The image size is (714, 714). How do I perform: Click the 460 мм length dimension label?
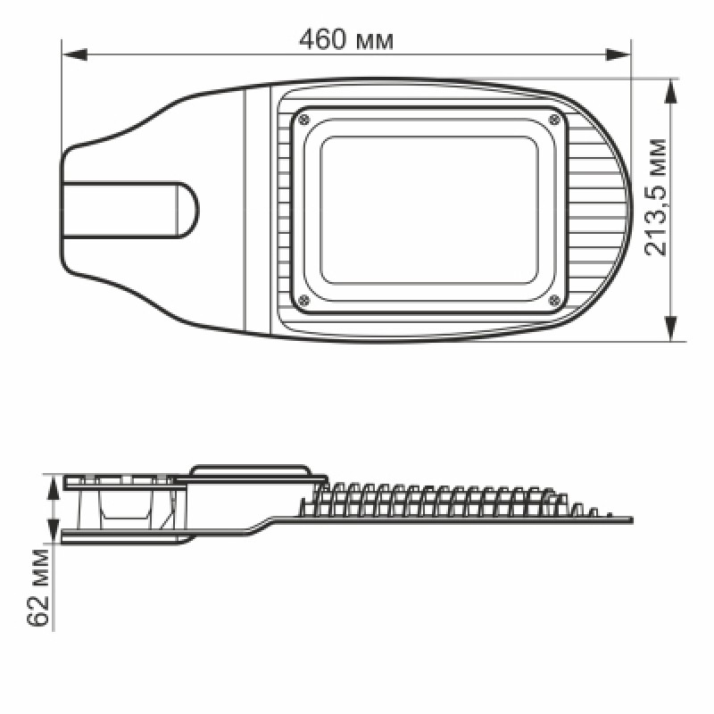tap(345, 39)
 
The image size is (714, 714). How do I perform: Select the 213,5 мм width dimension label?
tap(656, 197)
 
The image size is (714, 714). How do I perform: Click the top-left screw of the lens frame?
tap(303, 120)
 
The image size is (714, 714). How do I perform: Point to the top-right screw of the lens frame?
tap(554, 120)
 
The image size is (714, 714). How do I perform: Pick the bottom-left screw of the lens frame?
tap(303, 300)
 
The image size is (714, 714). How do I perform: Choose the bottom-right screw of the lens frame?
tap(554, 300)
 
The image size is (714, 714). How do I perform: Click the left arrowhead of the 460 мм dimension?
tap(75, 55)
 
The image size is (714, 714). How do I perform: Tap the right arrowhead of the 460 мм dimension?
tap(618, 55)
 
